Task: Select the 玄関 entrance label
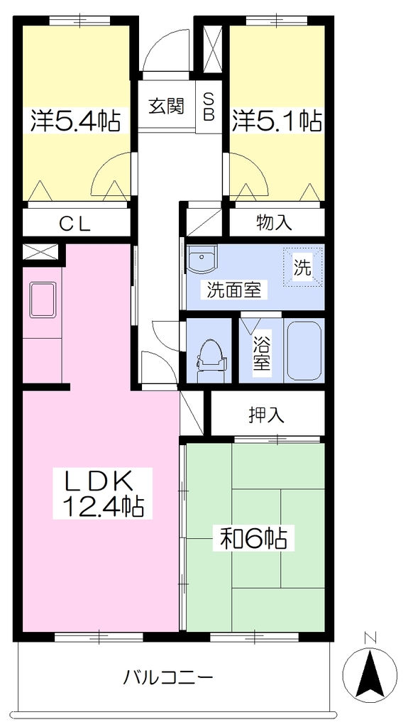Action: pos(167,106)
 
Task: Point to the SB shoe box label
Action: pos(209,106)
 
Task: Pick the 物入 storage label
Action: pos(274,223)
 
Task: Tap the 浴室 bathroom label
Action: pos(262,352)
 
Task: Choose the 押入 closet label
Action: pos(265,415)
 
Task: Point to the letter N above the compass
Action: pos(370,638)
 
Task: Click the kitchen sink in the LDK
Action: pos(43,300)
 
